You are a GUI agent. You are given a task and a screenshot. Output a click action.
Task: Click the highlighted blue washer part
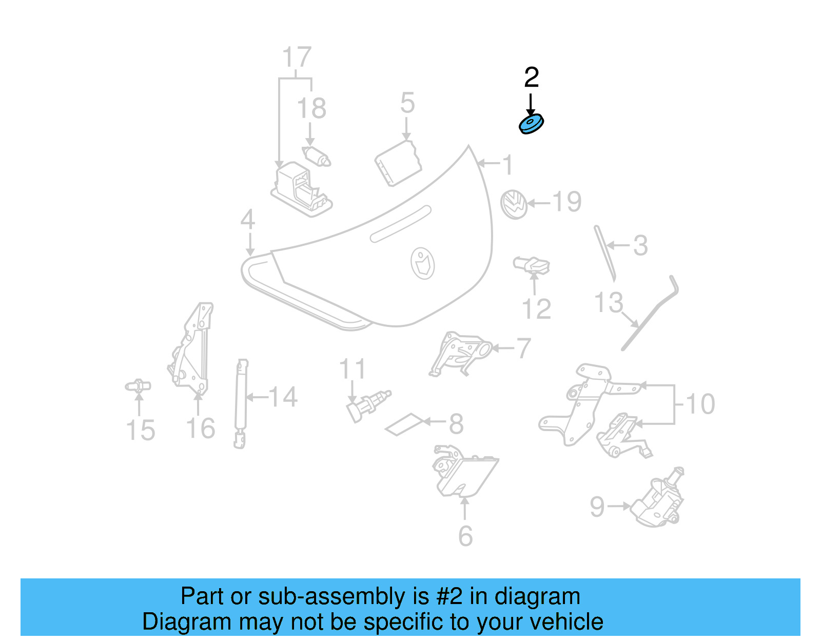click(x=531, y=124)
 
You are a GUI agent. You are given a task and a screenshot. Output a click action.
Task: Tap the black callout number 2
click(x=532, y=77)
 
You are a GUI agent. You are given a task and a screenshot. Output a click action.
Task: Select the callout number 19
click(x=567, y=202)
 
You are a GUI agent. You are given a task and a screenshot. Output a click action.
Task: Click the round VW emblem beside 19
click(x=514, y=204)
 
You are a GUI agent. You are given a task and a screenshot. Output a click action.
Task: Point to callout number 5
click(x=407, y=103)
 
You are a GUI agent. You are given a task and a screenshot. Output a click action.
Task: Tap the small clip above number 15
click(x=138, y=386)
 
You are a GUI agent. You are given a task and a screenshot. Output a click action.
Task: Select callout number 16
click(x=201, y=429)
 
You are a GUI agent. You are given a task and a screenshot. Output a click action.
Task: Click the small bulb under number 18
click(x=317, y=156)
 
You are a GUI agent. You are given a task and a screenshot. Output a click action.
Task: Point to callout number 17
click(x=297, y=57)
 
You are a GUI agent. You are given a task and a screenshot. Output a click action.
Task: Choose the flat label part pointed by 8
click(x=405, y=424)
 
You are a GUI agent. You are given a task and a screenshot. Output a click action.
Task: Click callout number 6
click(x=465, y=536)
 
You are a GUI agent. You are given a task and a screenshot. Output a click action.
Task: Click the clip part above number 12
click(x=532, y=265)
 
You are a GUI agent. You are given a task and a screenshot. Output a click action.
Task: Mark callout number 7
click(x=523, y=348)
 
